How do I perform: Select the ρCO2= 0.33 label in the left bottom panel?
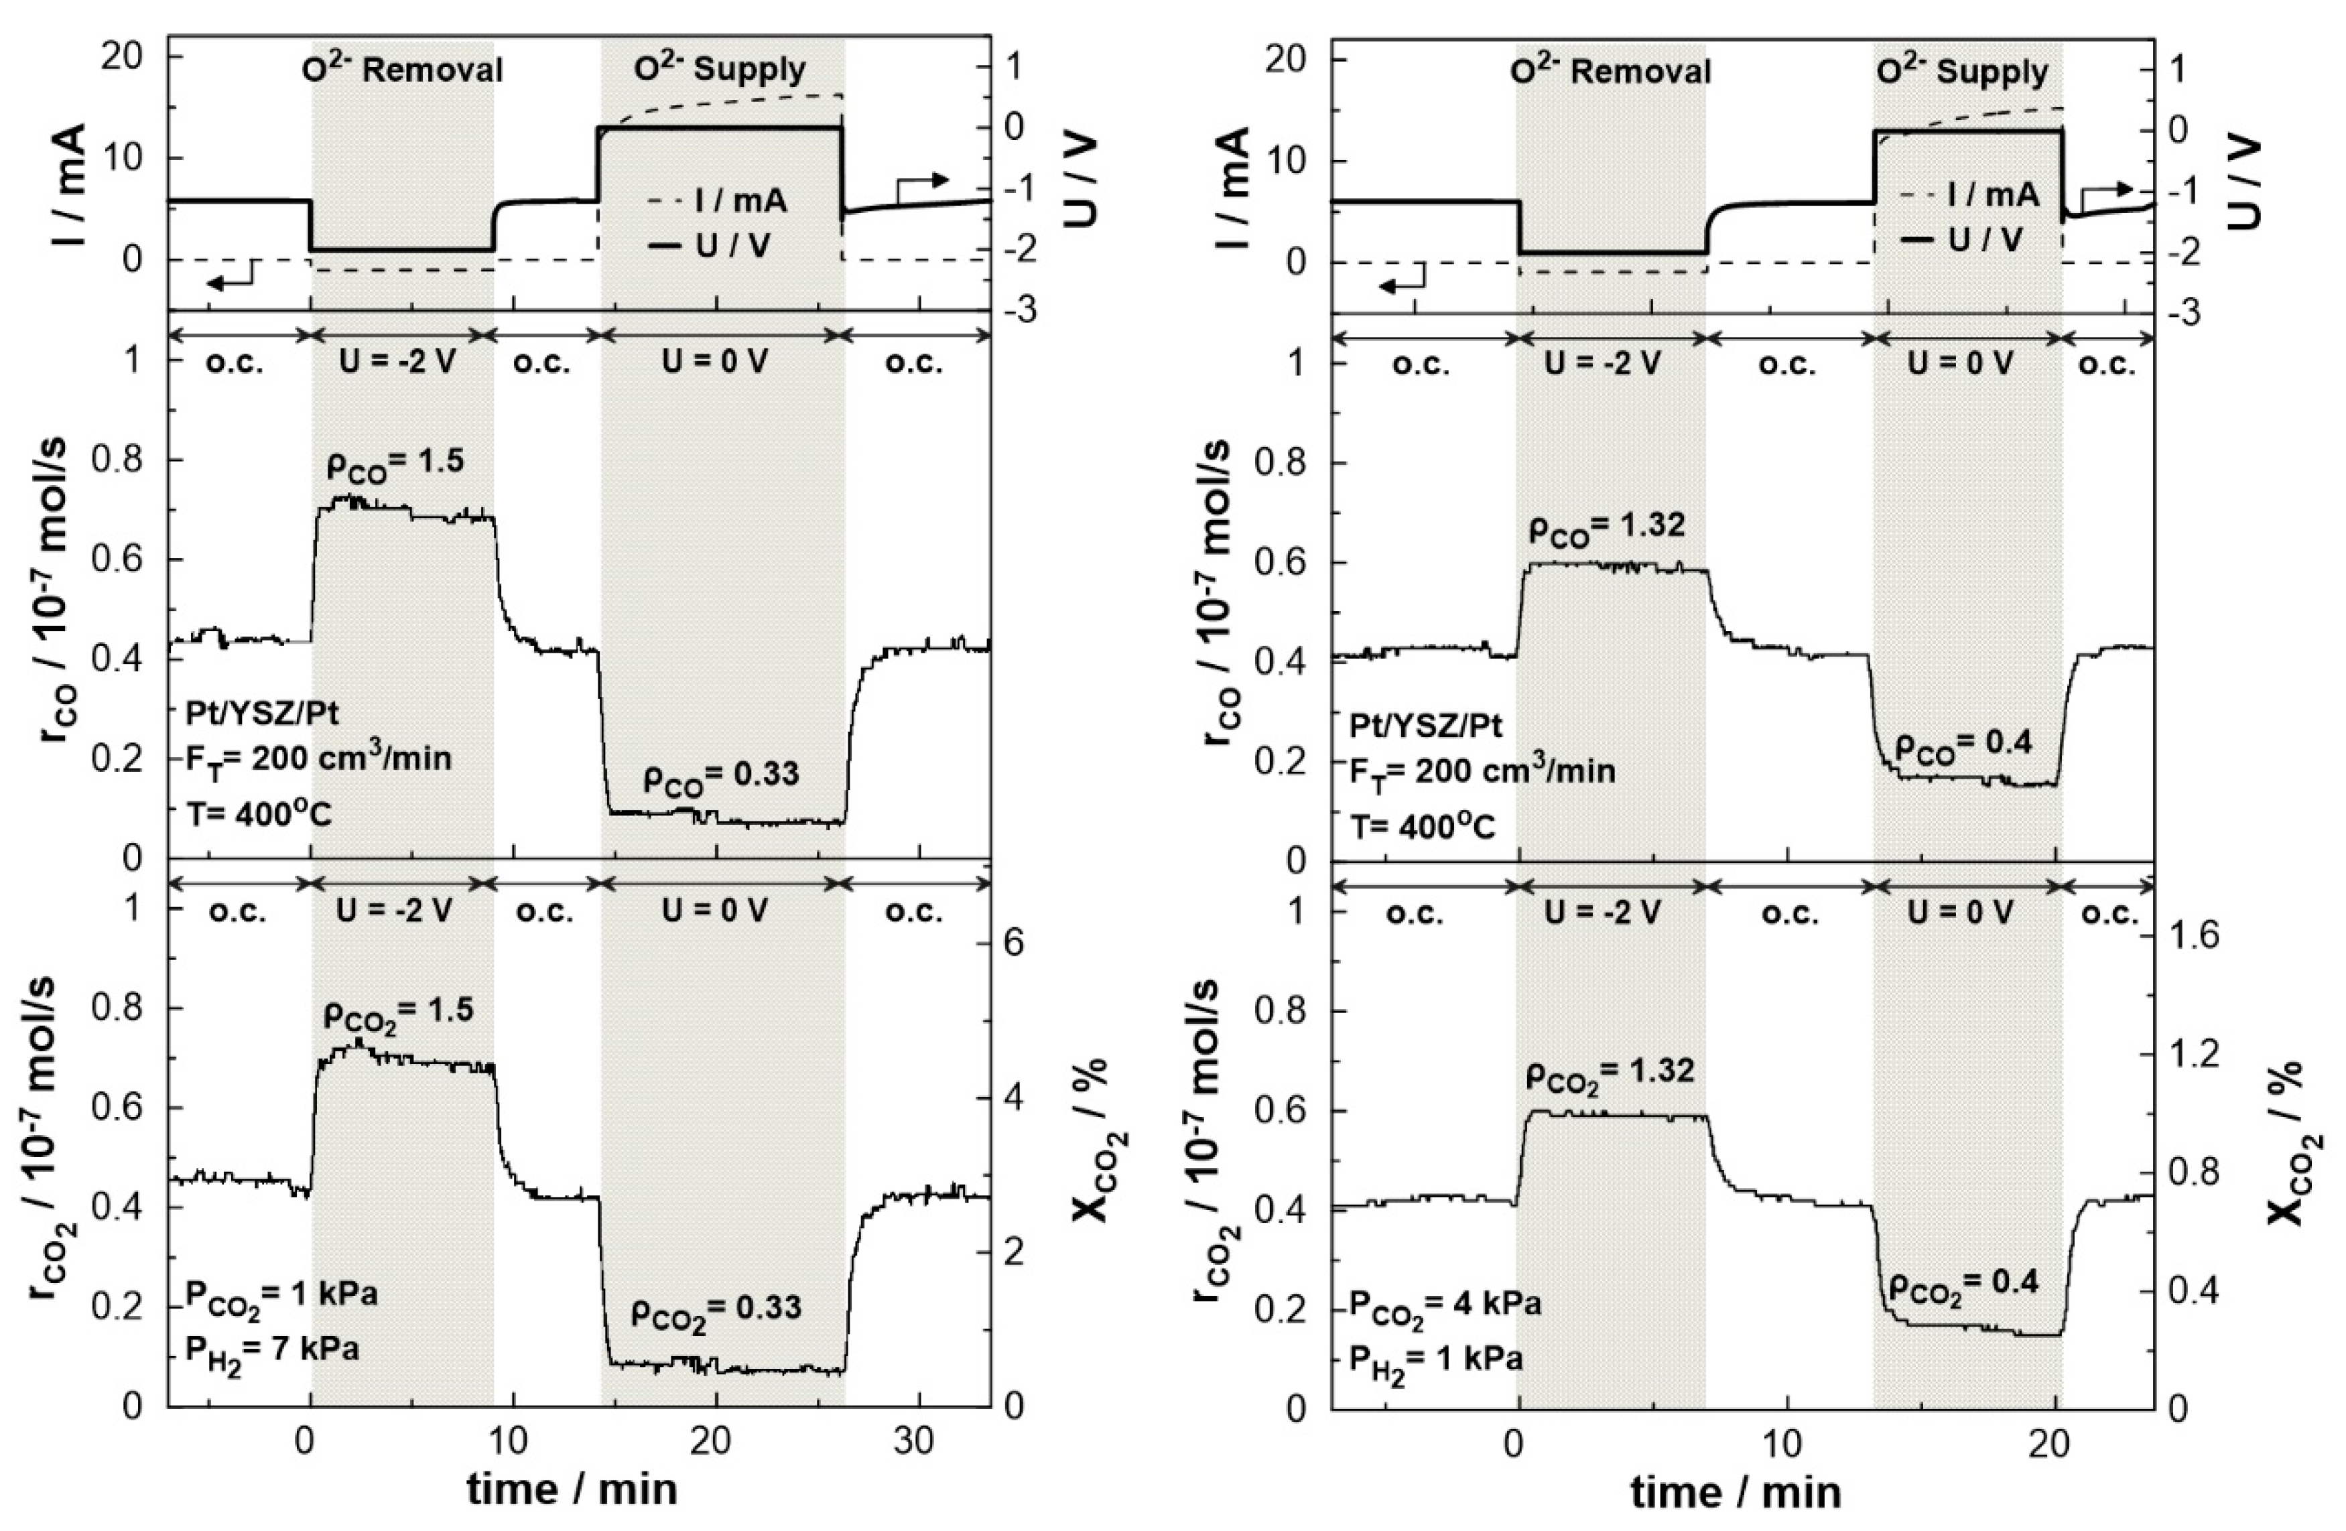point(716,1311)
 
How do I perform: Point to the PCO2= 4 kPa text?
point(1444,1307)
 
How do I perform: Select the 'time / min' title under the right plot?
point(1736,1493)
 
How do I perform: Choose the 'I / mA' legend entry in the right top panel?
point(1974,195)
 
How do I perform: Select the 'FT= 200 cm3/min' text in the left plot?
point(318,759)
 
